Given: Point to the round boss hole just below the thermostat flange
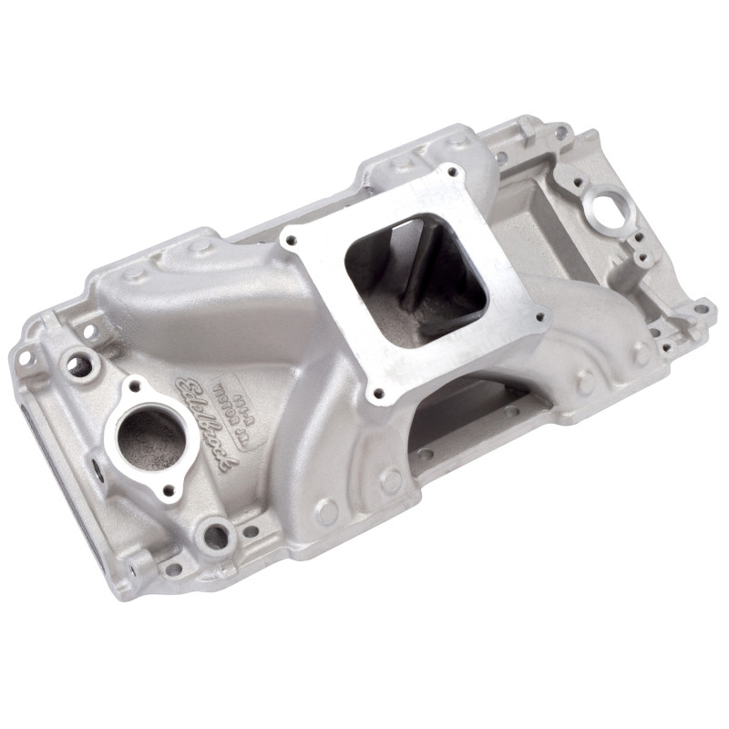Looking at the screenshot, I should tap(217, 535).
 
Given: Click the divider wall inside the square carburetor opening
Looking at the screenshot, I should tap(415, 273).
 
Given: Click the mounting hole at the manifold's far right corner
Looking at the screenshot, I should tap(700, 308).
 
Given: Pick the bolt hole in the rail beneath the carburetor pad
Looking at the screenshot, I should tap(425, 453).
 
